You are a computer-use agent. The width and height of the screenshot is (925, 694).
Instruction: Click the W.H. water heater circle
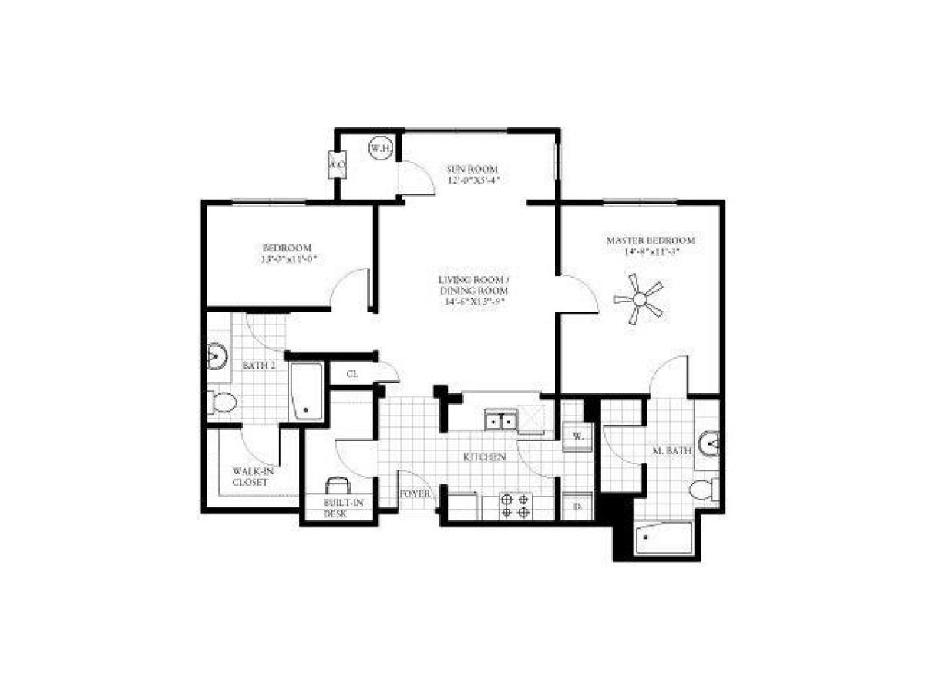pos(378,147)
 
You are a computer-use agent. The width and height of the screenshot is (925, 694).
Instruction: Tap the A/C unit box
pos(337,165)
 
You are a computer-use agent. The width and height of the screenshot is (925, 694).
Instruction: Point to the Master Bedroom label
pos(651,240)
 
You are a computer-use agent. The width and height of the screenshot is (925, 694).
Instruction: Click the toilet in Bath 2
pos(223,402)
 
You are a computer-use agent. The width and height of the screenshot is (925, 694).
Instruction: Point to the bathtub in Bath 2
pos(306,392)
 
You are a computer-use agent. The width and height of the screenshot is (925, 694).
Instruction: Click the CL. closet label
pos(352,374)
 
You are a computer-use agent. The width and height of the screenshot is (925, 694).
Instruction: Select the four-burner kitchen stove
pos(515,506)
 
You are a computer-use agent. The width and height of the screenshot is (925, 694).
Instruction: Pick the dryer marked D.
pos(577,507)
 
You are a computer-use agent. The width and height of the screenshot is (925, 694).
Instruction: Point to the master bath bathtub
pos(663,537)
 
